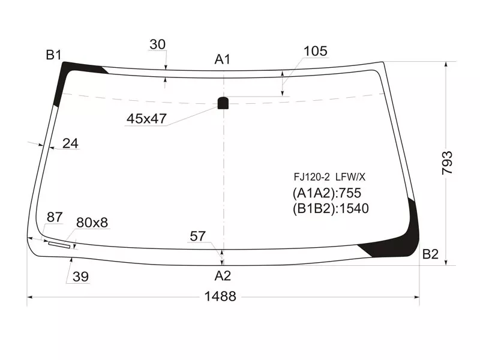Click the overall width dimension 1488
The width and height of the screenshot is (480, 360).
point(220,296)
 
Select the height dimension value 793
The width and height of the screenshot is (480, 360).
point(447,163)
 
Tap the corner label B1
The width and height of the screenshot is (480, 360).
point(53,55)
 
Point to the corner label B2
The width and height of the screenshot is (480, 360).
point(430,254)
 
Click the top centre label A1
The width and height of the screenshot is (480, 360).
point(222,59)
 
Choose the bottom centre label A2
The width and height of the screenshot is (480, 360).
point(223,276)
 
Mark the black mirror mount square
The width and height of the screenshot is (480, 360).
point(223,103)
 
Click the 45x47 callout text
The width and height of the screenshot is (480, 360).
point(146,118)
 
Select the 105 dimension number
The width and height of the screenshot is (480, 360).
point(316,51)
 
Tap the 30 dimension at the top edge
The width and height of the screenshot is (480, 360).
point(158,44)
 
